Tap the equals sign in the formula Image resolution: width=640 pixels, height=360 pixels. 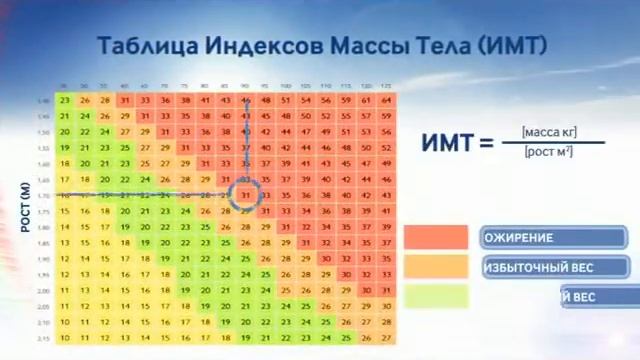(487, 142)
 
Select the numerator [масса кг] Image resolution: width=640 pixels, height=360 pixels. (549, 131)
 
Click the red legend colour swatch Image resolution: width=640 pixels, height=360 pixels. (436, 237)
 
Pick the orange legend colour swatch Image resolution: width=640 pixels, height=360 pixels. (436, 267)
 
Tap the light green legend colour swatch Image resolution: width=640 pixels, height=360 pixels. (436, 296)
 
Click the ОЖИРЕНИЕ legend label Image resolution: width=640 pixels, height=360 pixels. (519, 237)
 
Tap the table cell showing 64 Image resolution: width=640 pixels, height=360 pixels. (387, 100)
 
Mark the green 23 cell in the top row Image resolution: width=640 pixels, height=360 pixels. (65, 100)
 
